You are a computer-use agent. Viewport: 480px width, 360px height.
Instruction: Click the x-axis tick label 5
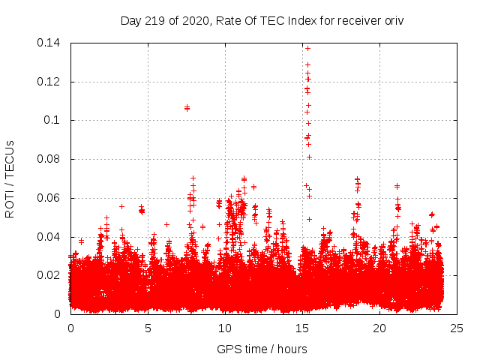coord(148,328)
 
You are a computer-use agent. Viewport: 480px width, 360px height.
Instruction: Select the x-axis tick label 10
coord(225,328)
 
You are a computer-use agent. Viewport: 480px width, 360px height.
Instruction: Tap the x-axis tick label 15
coord(302,328)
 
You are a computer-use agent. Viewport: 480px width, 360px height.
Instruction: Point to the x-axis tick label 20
coord(379,328)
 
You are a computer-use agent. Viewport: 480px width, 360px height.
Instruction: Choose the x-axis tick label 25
coord(457,328)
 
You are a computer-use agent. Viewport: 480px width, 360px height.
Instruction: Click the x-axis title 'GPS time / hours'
coord(262,349)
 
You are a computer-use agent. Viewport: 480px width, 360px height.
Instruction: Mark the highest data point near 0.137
coord(307,48)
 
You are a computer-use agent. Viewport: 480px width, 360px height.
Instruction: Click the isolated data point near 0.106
coord(187,108)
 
